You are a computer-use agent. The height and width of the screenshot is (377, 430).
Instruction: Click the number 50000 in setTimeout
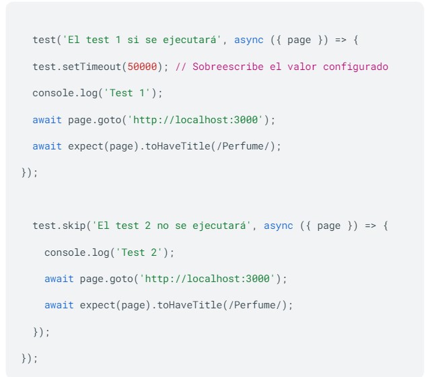click(142, 67)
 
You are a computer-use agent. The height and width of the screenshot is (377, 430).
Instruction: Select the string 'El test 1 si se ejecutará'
click(142, 40)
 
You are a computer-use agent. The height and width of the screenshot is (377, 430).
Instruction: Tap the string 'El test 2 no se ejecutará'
click(172, 226)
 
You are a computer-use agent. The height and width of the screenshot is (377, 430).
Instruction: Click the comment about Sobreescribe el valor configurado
click(281, 67)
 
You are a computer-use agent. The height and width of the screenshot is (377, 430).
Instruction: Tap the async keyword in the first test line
click(249, 40)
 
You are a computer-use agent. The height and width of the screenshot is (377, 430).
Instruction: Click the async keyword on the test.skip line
click(279, 226)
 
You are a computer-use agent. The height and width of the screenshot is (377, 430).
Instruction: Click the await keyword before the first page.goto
click(47, 120)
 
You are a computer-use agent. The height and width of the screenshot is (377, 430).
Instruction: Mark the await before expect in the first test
click(47, 146)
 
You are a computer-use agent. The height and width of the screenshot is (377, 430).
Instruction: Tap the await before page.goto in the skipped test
click(59, 279)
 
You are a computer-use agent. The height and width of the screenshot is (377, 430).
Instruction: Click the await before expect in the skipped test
click(59, 305)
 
